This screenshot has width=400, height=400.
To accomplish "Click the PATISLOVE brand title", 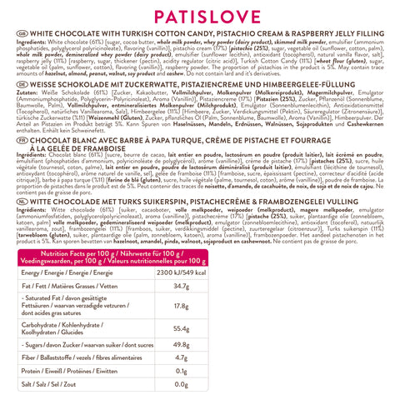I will point(200,17).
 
